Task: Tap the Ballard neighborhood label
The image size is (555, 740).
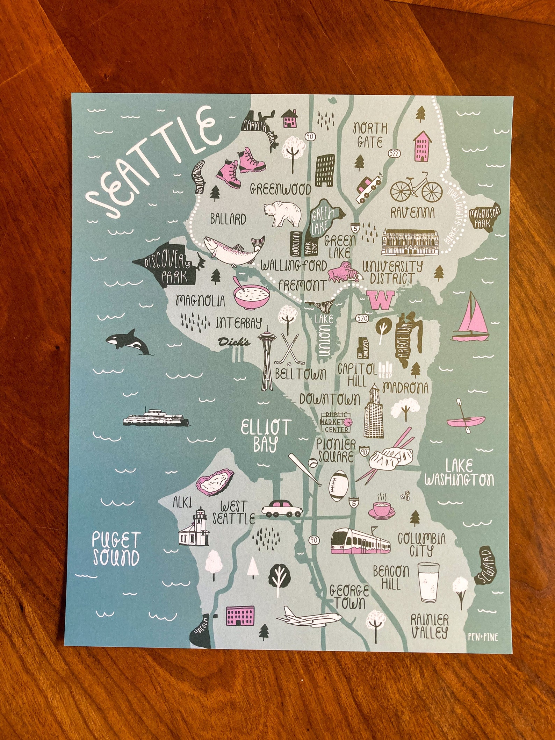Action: point(228,220)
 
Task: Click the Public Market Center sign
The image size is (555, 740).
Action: point(336,423)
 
